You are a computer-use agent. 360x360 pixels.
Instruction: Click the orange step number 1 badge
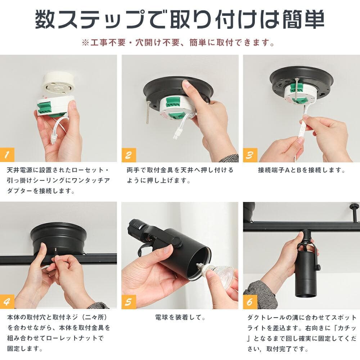(x=7, y=155)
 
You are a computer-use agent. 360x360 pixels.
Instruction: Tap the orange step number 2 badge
(x=129, y=155)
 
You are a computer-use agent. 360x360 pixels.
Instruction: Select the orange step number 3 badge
(x=250, y=155)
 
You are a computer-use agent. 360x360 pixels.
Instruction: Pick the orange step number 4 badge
(x=7, y=302)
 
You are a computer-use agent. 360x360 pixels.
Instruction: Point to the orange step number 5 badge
(x=129, y=302)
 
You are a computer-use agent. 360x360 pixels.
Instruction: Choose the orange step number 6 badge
(x=250, y=302)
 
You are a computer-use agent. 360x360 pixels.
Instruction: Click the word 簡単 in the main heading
(x=303, y=19)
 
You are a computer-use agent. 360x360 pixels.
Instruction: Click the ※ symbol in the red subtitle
(x=85, y=43)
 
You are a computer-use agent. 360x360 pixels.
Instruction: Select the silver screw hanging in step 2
(x=148, y=112)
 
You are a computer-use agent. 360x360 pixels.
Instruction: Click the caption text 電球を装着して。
(x=180, y=318)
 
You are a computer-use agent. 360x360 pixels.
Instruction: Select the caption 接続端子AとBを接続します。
(x=302, y=170)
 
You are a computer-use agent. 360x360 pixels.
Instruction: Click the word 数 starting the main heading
(x=45, y=19)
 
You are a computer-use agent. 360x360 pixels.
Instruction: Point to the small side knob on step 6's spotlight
(x=318, y=267)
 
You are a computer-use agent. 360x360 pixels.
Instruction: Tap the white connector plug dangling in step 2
(x=177, y=134)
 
